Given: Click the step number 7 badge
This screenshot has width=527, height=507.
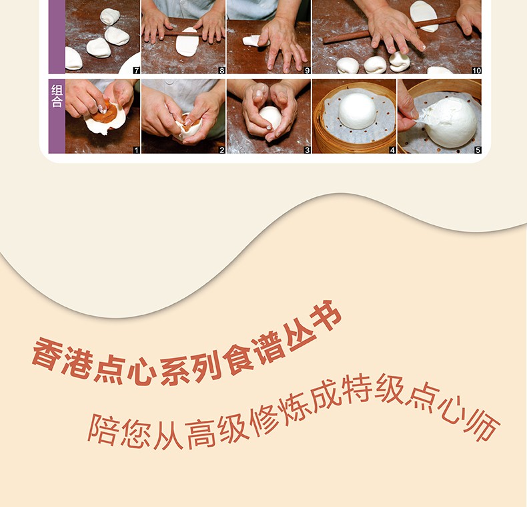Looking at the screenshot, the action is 137,70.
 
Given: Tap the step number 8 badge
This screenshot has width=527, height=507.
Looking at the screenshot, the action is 222,70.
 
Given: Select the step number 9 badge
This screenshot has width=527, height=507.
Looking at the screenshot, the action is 307,70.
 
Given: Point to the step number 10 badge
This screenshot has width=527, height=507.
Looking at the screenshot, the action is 476,70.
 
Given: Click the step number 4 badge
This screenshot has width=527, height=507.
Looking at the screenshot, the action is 392,150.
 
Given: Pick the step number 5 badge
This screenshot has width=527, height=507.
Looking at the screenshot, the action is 478,150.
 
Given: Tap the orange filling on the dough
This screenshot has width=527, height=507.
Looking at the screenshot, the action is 105,113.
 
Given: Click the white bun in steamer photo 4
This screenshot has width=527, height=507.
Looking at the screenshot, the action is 358,111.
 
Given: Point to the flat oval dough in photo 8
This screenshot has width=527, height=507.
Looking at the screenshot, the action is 187,42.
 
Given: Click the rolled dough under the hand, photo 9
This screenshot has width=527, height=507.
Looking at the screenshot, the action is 253,41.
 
